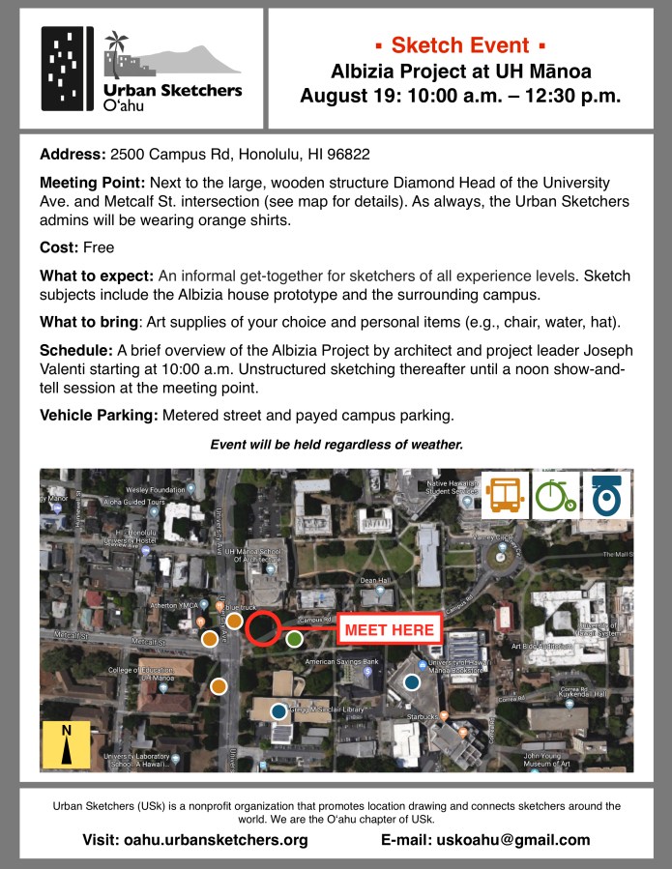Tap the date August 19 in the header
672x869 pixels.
345,96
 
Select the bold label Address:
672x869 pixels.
73,155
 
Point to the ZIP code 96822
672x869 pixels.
349,155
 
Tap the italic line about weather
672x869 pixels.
336,446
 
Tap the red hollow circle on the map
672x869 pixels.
262,628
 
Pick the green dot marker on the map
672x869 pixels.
295,637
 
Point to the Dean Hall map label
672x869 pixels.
373,581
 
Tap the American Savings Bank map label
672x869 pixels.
343,663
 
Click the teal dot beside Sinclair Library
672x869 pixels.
278,711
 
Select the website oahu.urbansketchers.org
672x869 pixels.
216,840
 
